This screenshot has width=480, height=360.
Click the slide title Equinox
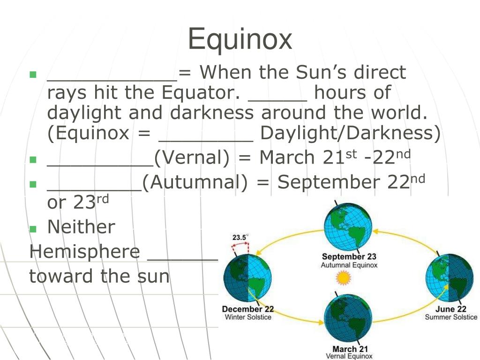click(x=240, y=39)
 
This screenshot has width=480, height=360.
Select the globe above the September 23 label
click(x=349, y=227)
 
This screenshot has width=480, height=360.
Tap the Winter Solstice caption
click(x=248, y=317)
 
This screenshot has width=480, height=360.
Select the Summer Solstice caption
click(x=451, y=317)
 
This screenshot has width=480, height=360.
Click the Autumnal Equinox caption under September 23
click(x=349, y=265)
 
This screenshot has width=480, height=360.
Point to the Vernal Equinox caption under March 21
click(x=349, y=356)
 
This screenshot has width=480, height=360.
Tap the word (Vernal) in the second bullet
click(x=192, y=158)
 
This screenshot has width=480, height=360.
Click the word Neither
click(x=81, y=227)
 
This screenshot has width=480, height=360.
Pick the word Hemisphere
click(x=84, y=252)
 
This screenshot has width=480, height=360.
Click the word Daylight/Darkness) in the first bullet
click(x=351, y=134)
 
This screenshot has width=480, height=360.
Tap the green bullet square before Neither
click(x=33, y=229)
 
